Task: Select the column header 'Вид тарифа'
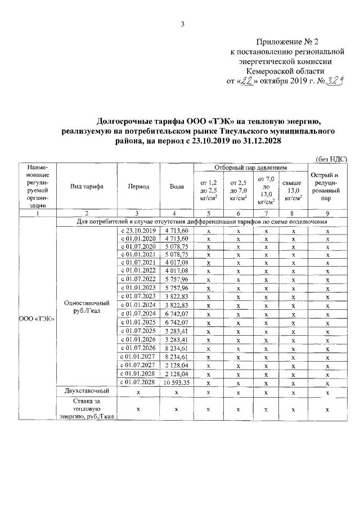(x=86, y=186)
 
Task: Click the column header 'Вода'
(x=177, y=186)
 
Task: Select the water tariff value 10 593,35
(x=177, y=382)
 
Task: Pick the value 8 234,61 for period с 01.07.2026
(x=177, y=348)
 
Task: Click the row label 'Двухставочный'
(x=86, y=391)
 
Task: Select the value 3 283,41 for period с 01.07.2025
(x=177, y=331)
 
